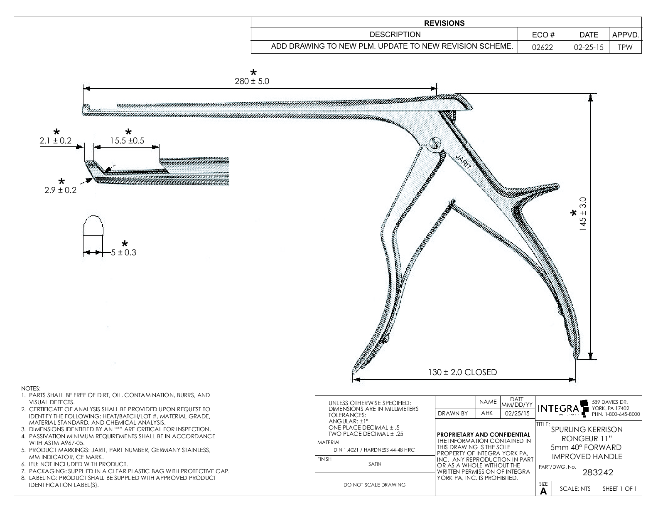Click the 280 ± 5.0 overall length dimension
[252, 82]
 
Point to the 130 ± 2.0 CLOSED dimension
[462, 372]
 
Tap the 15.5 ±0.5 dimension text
[127, 141]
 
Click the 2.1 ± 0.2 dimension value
[56, 141]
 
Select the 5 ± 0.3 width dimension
[123, 252]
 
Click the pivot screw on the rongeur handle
[435, 143]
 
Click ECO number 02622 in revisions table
[543, 47]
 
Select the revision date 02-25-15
[588, 47]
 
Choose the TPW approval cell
[625, 47]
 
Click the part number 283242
[598, 472]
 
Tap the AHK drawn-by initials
[486, 413]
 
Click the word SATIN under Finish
[374, 464]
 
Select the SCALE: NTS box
[575, 489]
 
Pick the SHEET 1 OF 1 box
[619, 489]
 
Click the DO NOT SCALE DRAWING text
[375, 484]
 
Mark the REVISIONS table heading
[446, 23]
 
